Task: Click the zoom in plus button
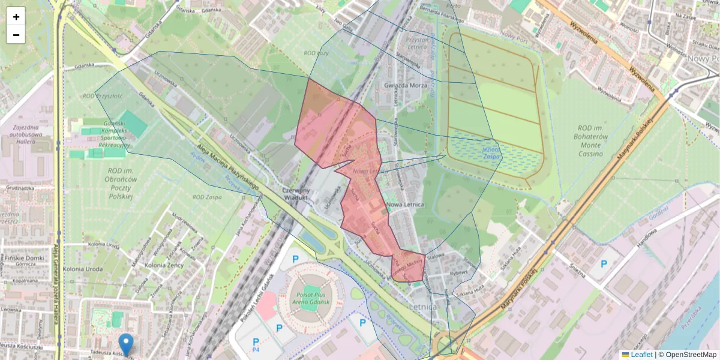16,17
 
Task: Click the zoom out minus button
16,35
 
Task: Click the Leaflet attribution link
641,355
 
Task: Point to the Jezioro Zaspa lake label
490,152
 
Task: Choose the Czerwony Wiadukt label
295,193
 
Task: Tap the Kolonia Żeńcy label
163,265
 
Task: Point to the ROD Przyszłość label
103,96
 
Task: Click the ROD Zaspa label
208,197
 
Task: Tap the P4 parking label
256,349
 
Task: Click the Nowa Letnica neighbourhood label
406,205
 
